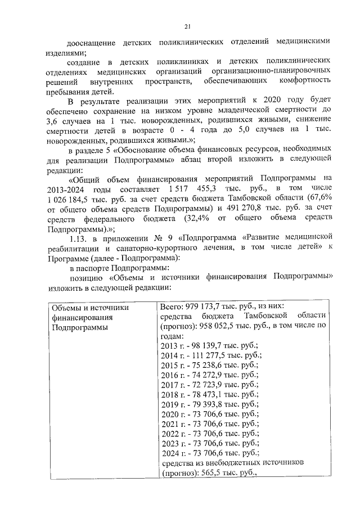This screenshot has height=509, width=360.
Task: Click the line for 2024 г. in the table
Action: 209,452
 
